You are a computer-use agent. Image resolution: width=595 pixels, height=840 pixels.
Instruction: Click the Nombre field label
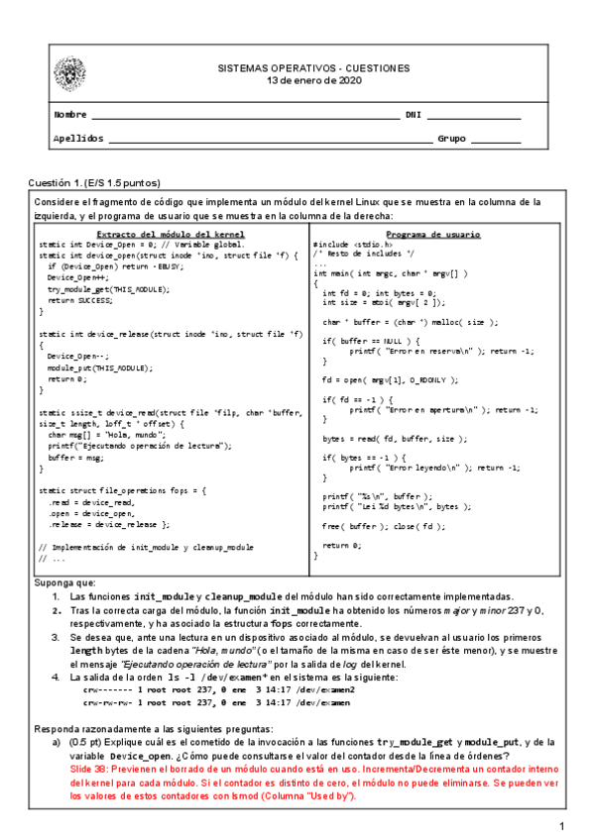pyautogui.click(x=69, y=115)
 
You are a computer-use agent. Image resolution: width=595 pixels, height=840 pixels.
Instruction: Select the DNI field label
pyautogui.click(x=412, y=115)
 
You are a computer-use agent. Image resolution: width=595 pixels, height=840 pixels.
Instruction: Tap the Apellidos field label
pyautogui.click(x=76, y=139)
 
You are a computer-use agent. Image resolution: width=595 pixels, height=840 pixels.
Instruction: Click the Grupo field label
pyautogui.click(x=452, y=139)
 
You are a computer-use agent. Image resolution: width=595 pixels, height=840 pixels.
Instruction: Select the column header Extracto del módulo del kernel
pyautogui.click(x=164, y=233)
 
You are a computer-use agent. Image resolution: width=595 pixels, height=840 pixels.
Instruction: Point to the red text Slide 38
pyautogui.click(x=93, y=767)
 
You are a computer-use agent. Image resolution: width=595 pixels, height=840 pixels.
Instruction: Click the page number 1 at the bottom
pyautogui.click(x=560, y=826)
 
